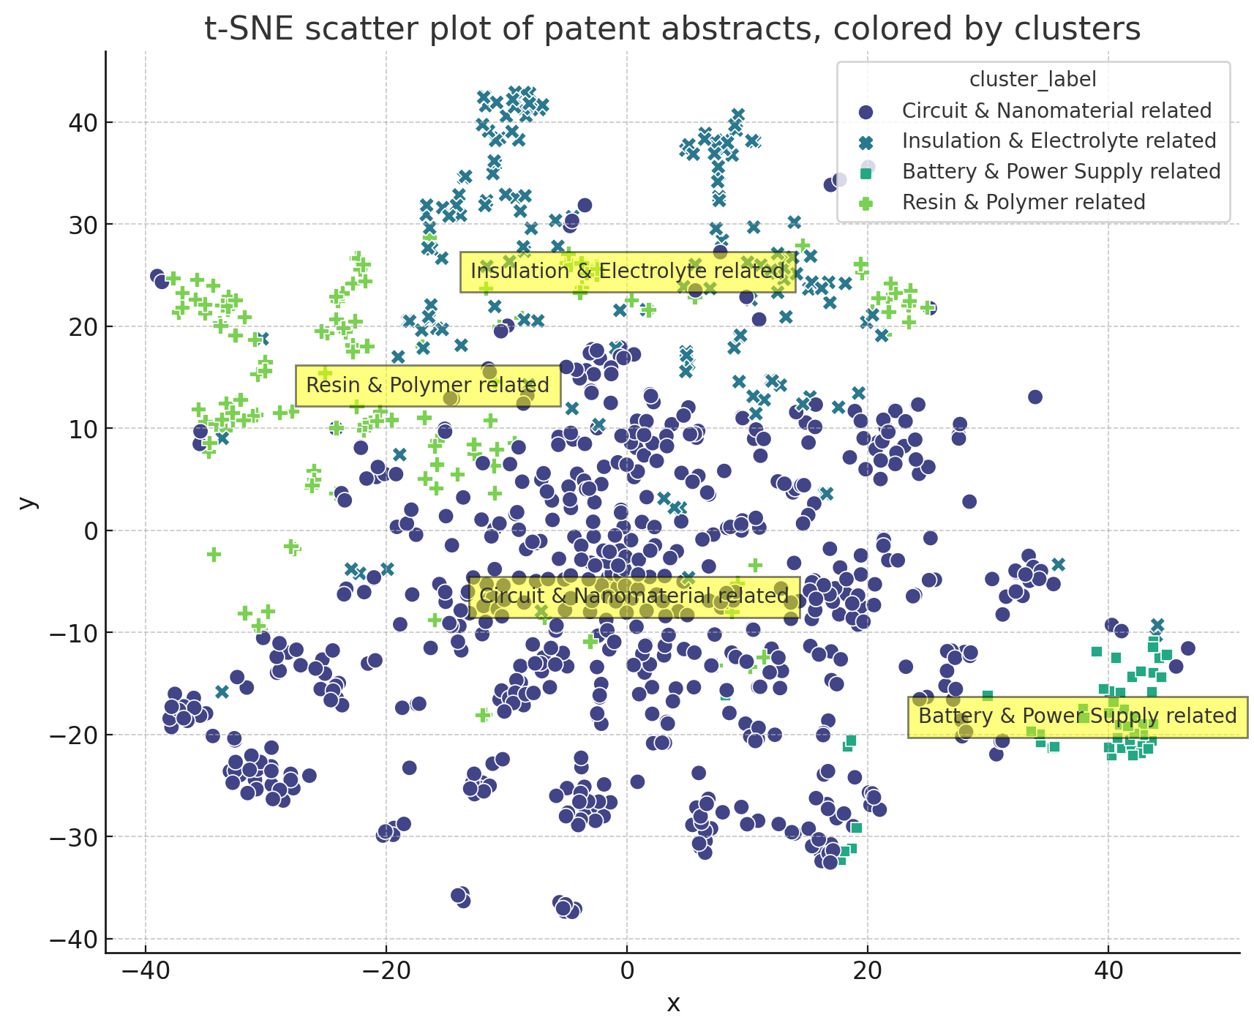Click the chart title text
[x=672, y=29]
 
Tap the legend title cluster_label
[x=1032, y=79]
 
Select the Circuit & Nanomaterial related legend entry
[x=1056, y=110]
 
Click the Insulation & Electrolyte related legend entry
[x=1059, y=140]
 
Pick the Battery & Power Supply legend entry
[x=1061, y=171]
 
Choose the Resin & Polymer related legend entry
[x=1024, y=202]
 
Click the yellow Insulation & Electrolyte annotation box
[x=627, y=271]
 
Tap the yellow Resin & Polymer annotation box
[x=427, y=386]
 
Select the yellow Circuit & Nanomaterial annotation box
[x=634, y=596]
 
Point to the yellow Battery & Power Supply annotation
[x=1077, y=716]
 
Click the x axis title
[x=673, y=1003]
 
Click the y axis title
[x=27, y=502]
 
